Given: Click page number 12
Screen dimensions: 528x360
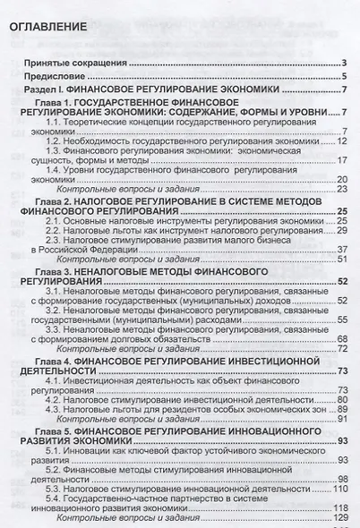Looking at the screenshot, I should (340, 141).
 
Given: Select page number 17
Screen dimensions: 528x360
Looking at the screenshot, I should (340, 161).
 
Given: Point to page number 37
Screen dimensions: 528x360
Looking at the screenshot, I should (341, 249).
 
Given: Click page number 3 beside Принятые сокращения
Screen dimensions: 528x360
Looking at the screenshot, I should (344, 63).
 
